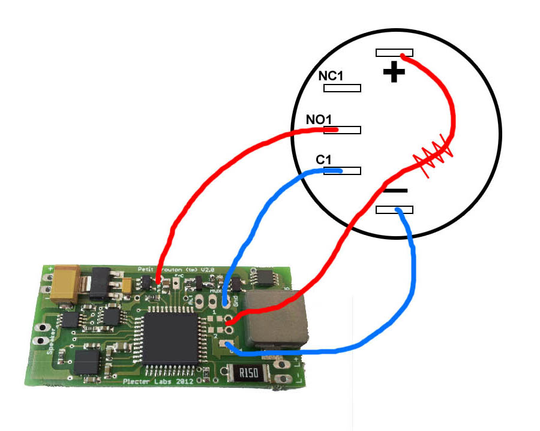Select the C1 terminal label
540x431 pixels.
[324, 160]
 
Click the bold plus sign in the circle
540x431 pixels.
[394, 73]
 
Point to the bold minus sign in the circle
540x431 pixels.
[395, 191]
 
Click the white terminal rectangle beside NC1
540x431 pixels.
[342, 88]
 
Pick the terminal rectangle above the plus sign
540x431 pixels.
[394, 53]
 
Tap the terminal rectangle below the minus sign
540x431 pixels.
[394, 210]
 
